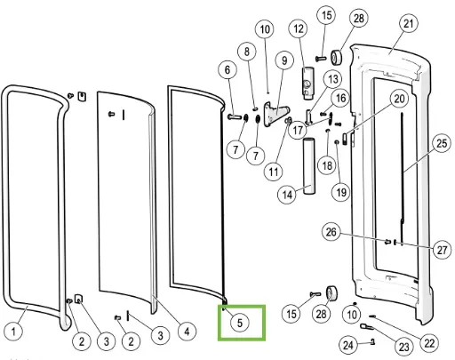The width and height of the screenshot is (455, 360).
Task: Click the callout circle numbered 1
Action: coord(13,331)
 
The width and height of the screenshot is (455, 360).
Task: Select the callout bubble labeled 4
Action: coord(187,332)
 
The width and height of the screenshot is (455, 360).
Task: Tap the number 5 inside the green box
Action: coord(240,323)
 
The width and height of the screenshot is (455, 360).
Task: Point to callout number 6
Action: coord(227,70)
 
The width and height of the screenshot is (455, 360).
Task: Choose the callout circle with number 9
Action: coord(284,60)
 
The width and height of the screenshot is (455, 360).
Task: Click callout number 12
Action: coord(299,28)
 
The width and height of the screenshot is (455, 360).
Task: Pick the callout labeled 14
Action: coord(287,195)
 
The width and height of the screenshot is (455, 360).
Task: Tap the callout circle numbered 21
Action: coord(409,23)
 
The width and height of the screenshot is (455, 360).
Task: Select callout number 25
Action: coord(442,143)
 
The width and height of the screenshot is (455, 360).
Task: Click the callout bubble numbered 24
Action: coord(348,345)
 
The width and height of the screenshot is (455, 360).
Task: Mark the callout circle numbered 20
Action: coord(399,99)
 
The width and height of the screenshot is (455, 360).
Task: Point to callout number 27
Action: coord(442,250)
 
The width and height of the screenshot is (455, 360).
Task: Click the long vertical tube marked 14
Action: coord(308,165)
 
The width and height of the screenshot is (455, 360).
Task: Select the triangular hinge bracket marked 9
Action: coord(275,115)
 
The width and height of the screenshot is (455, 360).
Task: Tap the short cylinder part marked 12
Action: coord(307,83)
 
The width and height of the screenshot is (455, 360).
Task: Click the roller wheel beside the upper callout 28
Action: coord(336,58)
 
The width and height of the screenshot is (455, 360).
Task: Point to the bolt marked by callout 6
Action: coord(235,117)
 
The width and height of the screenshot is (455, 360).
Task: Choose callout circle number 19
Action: coord(340,192)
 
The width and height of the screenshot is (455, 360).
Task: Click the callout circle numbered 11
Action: coord(274,172)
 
